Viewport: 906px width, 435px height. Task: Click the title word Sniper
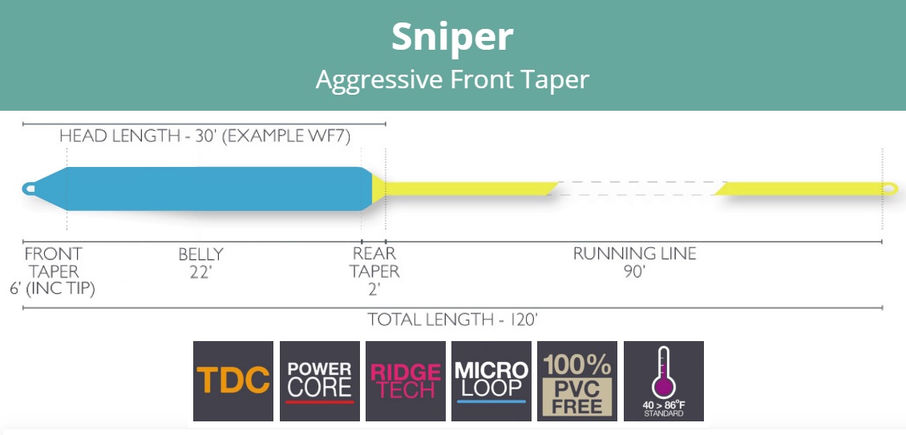tap(452, 38)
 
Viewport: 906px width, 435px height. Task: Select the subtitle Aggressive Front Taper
tap(452, 79)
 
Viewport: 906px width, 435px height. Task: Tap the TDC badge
tap(233, 381)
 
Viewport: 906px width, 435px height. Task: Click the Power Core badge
tap(319, 381)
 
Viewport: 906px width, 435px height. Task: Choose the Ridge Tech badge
tap(405, 381)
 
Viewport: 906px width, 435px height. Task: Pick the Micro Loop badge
tap(491, 381)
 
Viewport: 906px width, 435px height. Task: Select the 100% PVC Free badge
tap(577, 381)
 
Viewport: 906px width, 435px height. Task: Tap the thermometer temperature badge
tap(663, 381)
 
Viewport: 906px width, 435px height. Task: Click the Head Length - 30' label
tap(204, 136)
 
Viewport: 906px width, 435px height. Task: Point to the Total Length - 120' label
tap(452, 319)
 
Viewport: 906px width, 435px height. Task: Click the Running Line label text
tap(634, 254)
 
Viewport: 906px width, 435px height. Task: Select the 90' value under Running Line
tap(634, 272)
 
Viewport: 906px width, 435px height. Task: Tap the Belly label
tap(200, 254)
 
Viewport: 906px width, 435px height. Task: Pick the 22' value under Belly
tap(200, 272)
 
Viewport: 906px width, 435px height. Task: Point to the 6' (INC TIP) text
tap(52, 289)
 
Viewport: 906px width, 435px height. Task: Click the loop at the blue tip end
tap(30, 189)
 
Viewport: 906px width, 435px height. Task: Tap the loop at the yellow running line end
tap(888, 189)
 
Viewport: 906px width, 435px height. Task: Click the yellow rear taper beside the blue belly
tap(377, 189)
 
